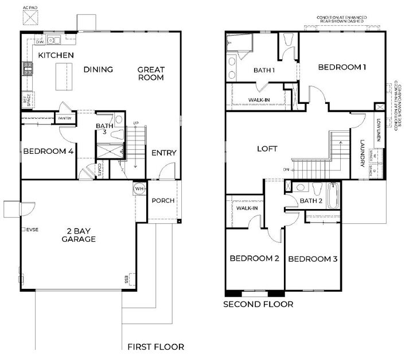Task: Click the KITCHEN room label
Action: (x=56, y=55)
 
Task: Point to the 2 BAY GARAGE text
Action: (x=79, y=235)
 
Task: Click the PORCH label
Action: (x=163, y=201)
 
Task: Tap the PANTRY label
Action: (x=64, y=118)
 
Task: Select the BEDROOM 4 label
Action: (x=48, y=152)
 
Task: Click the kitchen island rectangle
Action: (x=64, y=77)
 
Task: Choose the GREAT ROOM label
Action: (x=151, y=73)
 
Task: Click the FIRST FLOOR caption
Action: (x=155, y=347)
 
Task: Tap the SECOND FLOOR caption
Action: (x=258, y=304)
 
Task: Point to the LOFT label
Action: (x=267, y=149)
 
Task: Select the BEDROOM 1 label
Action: (x=342, y=67)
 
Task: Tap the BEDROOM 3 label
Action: (x=313, y=260)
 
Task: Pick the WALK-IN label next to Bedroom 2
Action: (x=247, y=208)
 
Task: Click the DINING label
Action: (x=98, y=70)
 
